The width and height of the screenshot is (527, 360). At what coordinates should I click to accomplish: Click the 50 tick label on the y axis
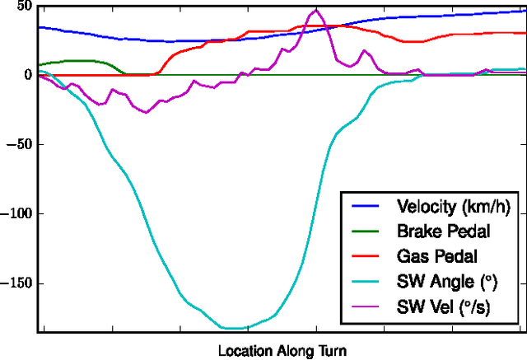click(x=21, y=7)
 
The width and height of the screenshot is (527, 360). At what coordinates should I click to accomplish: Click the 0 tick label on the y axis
click(x=27, y=75)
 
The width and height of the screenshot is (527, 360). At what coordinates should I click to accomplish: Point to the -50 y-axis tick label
click(x=18, y=144)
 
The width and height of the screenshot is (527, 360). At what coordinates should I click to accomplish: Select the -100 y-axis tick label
click(x=15, y=214)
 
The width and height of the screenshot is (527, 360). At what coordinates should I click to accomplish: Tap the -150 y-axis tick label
click(x=15, y=283)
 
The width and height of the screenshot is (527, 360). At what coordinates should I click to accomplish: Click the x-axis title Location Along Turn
click(x=282, y=351)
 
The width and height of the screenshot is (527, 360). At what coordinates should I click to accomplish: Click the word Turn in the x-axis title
click(x=333, y=351)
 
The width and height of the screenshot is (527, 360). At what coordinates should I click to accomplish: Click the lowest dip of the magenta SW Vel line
click(x=147, y=112)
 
